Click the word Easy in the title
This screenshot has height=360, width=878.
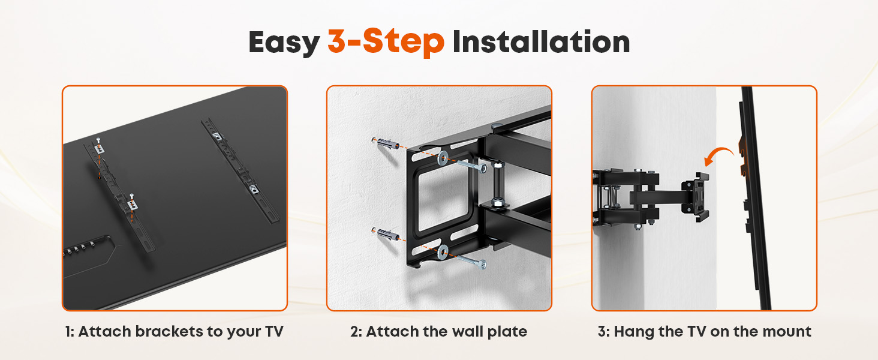point(284,43)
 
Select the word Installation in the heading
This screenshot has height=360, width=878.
point(542,41)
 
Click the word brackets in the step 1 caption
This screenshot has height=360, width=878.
point(169,331)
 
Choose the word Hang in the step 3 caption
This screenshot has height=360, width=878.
point(634,332)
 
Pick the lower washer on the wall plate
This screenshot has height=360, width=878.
point(443,252)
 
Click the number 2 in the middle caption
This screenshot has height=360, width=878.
point(354,332)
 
